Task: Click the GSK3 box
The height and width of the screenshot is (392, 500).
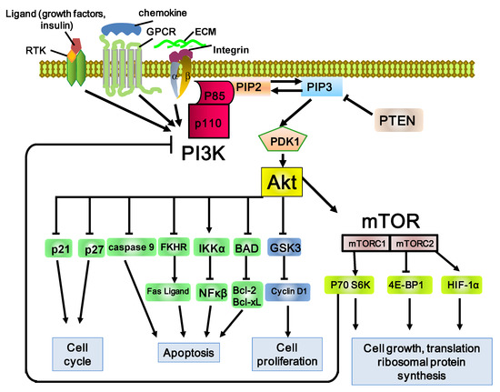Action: [x=287, y=246]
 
